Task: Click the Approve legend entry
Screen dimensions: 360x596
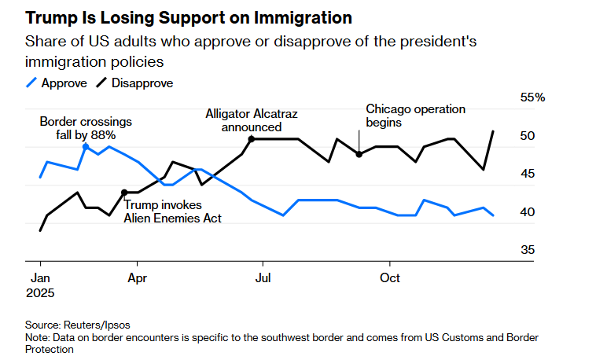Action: pos(56,82)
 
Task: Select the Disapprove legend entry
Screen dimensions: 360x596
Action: pos(134,82)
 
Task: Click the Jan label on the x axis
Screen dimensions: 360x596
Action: pos(40,278)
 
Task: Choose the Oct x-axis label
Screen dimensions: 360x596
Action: pos(389,278)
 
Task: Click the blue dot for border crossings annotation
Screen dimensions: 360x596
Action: pos(86,147)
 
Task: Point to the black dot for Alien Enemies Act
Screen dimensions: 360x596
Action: pos(124,192)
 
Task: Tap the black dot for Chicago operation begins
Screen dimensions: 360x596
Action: pos(359,154)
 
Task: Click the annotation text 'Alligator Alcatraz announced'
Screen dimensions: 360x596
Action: pos(252,120)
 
